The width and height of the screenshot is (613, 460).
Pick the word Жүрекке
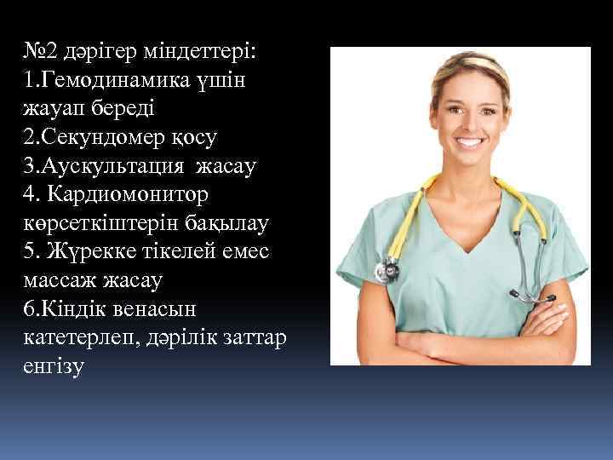pyautogui.click(x=87, y=252)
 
